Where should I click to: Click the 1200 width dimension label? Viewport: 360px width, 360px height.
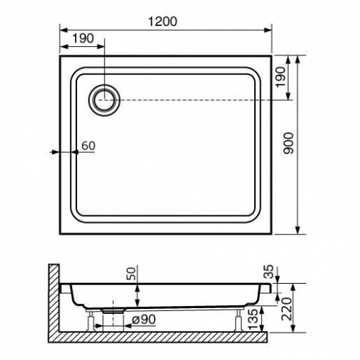(163, 22)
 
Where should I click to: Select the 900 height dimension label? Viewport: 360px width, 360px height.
(288, 143)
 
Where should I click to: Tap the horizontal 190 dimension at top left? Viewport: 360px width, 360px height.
(83, 38)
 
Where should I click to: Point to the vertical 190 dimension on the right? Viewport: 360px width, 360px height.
(281, 77)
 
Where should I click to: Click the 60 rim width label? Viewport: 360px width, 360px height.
(89, 145)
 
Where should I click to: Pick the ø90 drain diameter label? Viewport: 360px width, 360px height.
(144, 320)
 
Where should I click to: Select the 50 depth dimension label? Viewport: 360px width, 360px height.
(132, 273)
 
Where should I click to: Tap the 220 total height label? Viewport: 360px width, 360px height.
(287, 309)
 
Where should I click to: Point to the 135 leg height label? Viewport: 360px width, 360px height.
(253, 319)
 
